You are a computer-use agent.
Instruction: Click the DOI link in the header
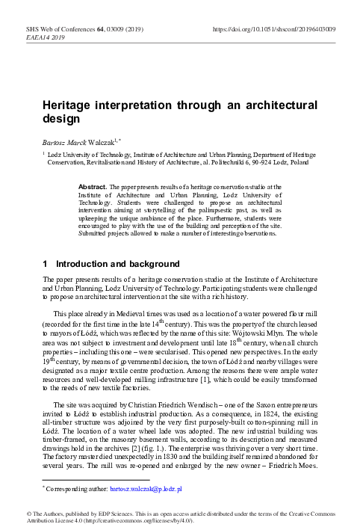[x=274, y=27]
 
